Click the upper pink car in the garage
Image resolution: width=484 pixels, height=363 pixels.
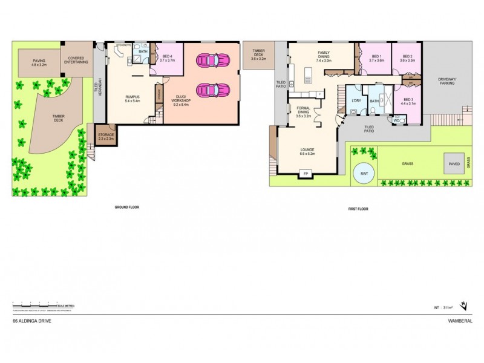[213, 60]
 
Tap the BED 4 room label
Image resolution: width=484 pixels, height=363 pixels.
[168, 59]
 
